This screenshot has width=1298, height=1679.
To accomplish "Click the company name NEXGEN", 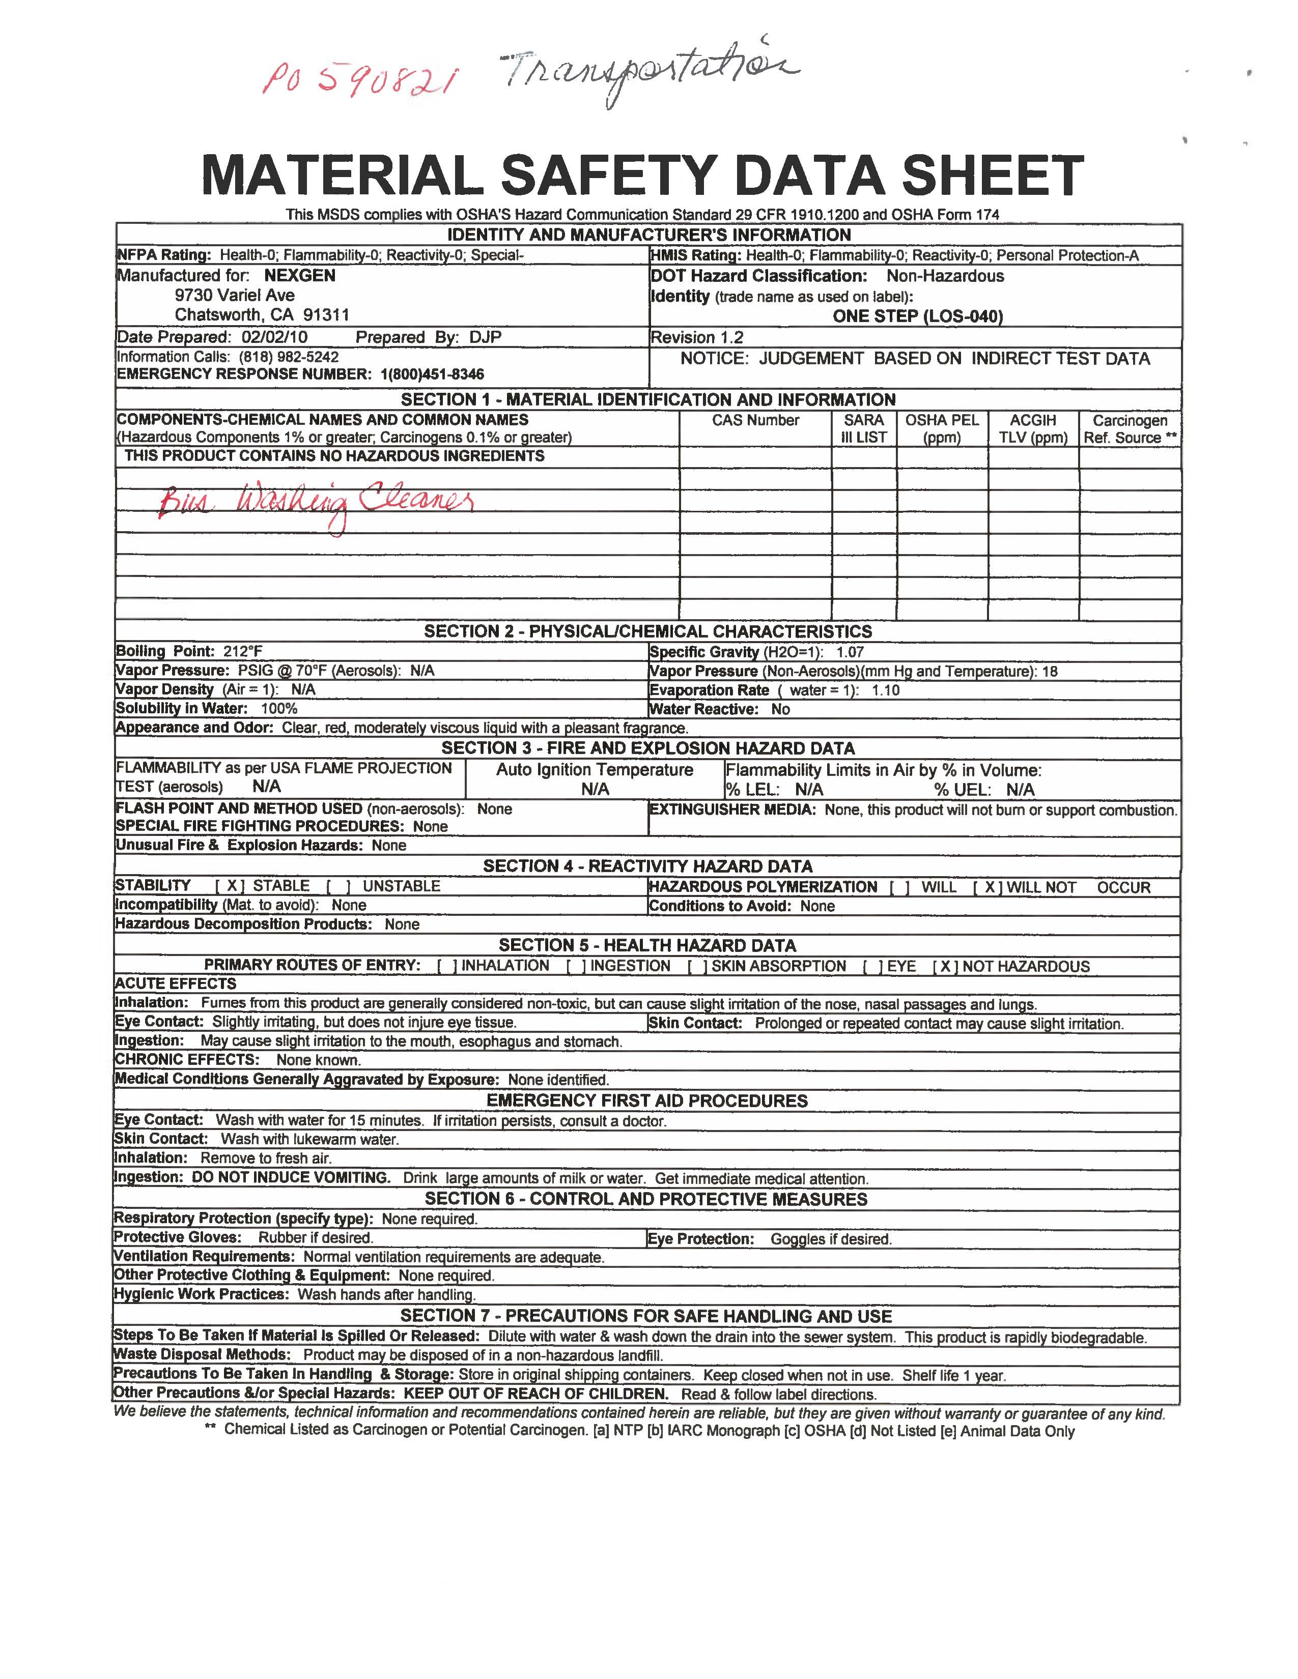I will point(300,275).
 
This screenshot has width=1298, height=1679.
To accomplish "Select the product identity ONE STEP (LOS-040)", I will point(917,316).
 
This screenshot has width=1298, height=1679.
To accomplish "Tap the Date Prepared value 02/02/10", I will point(274,337).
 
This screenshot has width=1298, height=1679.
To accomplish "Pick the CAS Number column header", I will point(755,421).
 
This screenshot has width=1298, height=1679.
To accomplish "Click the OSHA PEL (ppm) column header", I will point(942,429).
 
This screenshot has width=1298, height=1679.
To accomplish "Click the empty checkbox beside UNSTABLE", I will point(339,886).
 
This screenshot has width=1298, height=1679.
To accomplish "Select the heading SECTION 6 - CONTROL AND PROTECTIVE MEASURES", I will point(646,1199).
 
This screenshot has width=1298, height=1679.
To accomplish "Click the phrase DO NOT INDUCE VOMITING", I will point(292,1178).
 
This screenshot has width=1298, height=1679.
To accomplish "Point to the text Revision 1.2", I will point(697,337).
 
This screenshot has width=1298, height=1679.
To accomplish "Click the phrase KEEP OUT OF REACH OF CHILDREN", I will point(536,1394).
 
